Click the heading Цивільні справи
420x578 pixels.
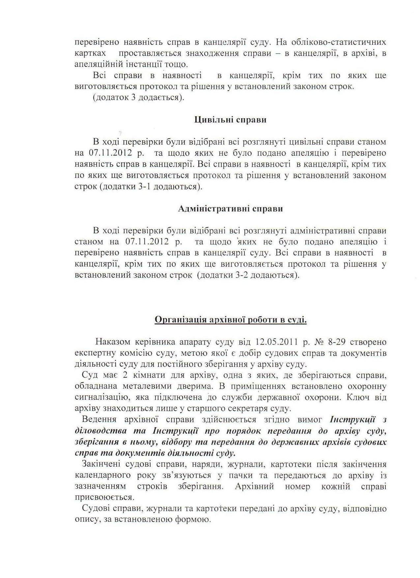[x=230, y=120]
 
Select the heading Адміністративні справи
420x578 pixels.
[x=230, y=209]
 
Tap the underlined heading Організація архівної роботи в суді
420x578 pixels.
[x=231, y=320]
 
